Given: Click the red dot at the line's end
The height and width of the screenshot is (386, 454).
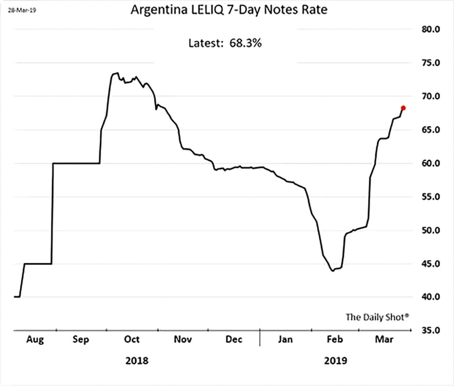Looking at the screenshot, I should [x=403, y=108].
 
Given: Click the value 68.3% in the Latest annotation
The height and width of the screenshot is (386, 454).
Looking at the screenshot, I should [x=245, y=42].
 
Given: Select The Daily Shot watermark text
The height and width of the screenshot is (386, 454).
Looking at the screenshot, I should [x=377, y=316].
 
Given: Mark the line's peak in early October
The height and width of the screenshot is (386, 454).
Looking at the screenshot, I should [x=115, y=73].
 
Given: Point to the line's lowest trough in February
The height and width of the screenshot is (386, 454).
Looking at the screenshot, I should [x=333, y=270].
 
